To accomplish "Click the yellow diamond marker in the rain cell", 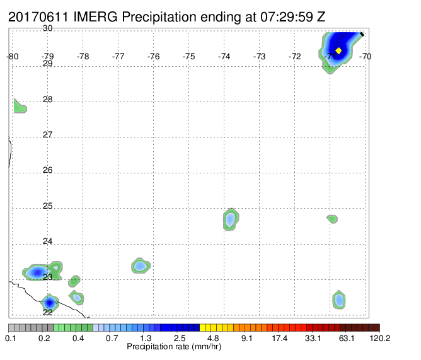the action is [338, 50].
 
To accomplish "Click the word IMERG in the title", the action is [95, 17].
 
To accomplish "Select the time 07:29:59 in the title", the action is [287, 17].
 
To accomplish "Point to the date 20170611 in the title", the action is [38, 17].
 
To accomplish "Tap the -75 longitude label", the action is [188, 56].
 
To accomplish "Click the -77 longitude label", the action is [118, 56].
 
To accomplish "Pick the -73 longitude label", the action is [259, 56].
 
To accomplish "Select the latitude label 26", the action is [47, 170].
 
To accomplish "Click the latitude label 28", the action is [47, 100].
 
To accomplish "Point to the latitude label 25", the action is [47, 206].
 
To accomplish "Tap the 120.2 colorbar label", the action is [380, 338].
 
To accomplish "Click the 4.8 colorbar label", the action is [213, 338].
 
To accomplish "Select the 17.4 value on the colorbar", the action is [279, 338].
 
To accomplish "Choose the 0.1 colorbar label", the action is [11, 338].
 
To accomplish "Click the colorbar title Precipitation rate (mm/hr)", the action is [174, 347].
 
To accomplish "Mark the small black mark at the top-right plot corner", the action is [362, 34].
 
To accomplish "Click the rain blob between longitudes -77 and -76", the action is [141, 265].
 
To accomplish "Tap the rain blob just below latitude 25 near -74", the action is [231, 219].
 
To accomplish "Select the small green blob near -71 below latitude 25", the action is [332, 219].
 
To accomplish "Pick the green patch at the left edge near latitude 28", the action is [19, 107].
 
